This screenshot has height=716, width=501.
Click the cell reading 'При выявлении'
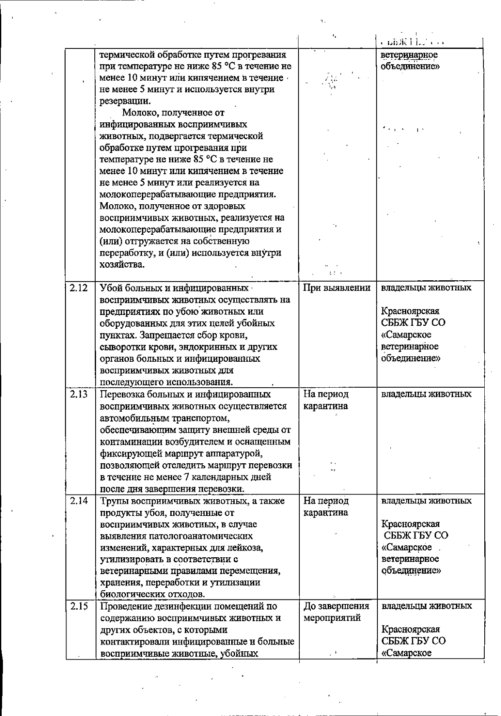(x=337, y=288)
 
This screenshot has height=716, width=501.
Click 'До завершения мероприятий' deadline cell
(x=337, y=612)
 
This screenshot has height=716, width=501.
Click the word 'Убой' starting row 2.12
(x=109, y=288)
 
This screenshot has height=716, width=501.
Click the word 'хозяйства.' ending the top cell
(x=122, y=264)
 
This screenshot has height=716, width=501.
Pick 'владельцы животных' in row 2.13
(x=426, y=394)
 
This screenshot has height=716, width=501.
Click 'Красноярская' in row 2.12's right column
(x=410, y=312)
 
